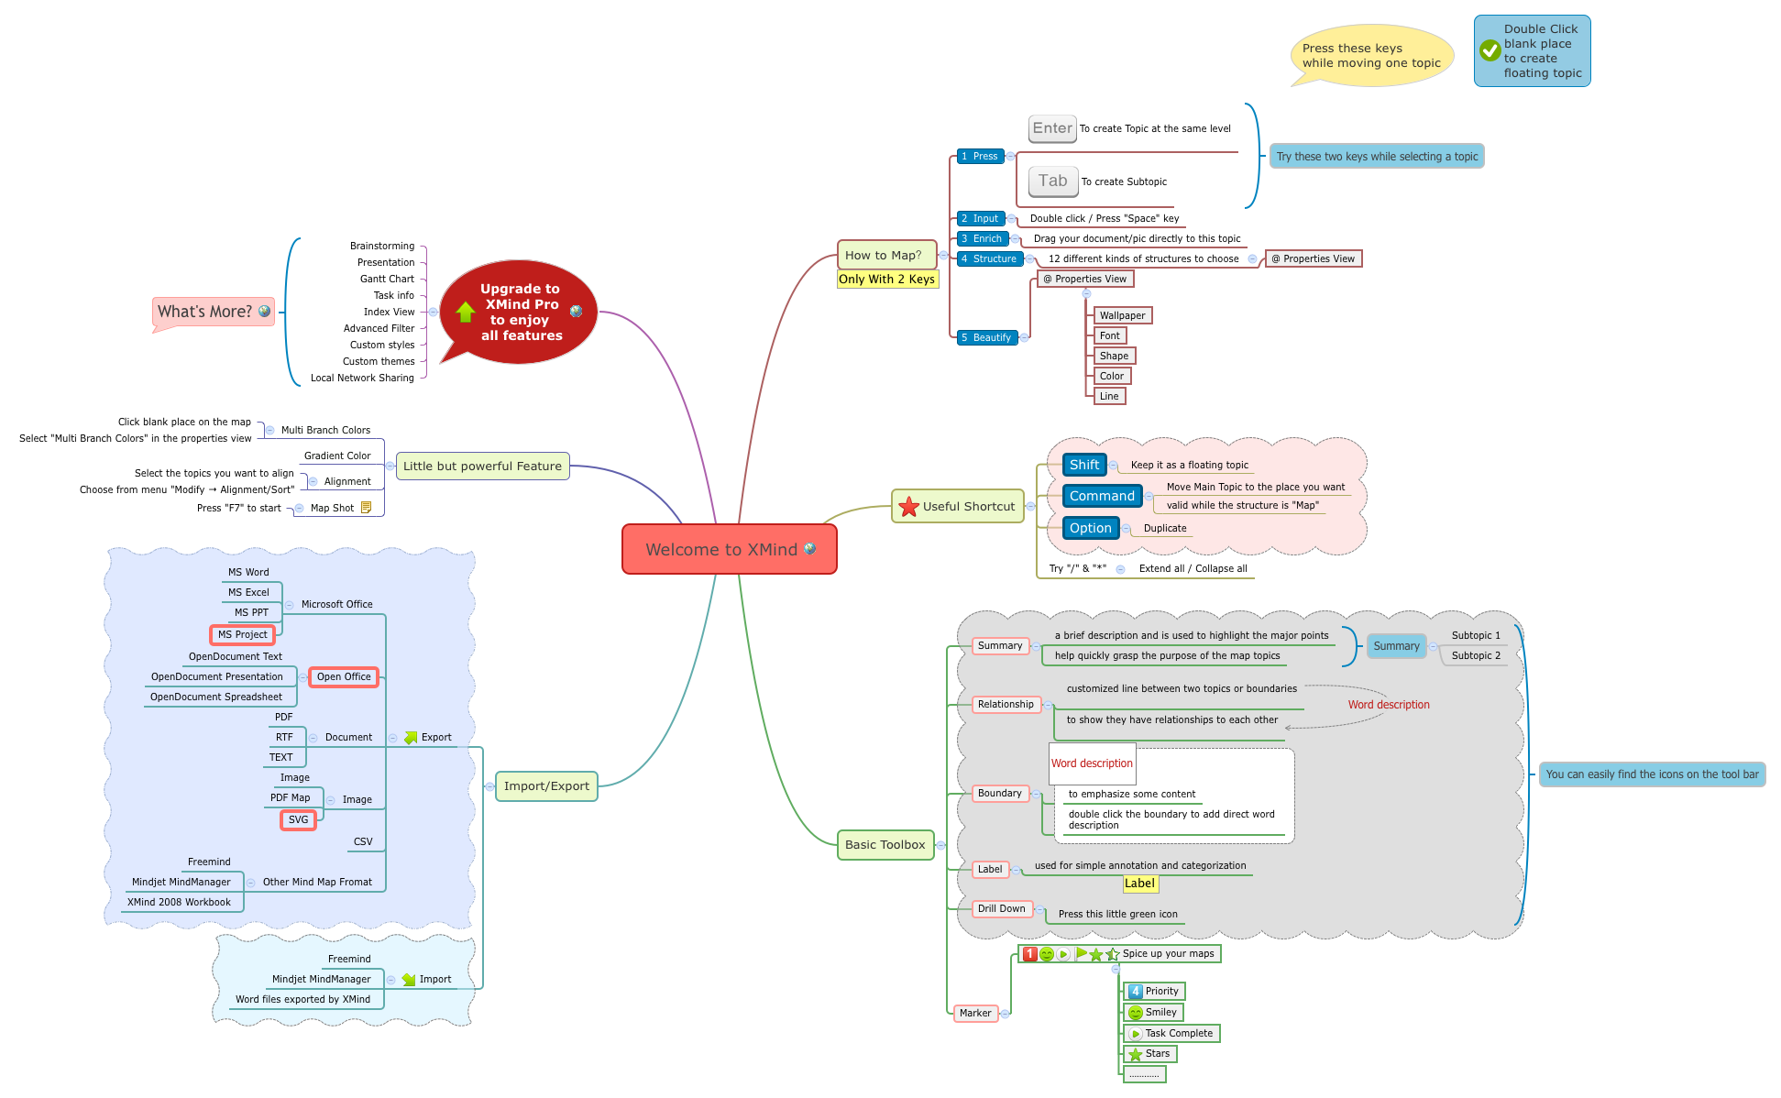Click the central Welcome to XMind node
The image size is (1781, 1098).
pos(729,549)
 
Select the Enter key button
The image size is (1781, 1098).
pos(1051,128)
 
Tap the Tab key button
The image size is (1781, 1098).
pos(1052,181)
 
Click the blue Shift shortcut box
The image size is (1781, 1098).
pos(1083,465)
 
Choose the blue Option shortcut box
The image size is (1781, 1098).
pos(1090,528)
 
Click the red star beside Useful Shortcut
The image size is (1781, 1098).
pos(908,507)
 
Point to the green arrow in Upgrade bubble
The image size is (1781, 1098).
pos(466,312)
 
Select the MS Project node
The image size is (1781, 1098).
pos(242,634)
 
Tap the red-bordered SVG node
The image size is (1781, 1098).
pos(298,819)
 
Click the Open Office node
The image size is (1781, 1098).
pos(344,676)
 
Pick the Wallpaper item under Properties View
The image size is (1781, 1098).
pos(1122,315)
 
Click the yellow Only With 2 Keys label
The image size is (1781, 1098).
pos(886,280)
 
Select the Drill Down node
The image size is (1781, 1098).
pos(1001,908)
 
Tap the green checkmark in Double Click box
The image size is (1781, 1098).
pos(1490,50)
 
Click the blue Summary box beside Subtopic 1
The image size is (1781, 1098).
pos(1395,646)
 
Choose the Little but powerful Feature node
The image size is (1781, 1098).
pos(482,466)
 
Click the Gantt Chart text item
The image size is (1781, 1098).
pos(387,279)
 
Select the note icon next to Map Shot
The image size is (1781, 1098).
pos(366,508)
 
